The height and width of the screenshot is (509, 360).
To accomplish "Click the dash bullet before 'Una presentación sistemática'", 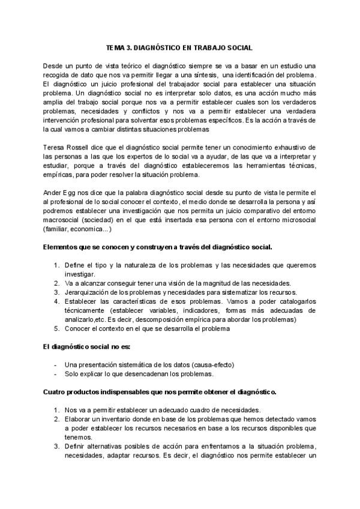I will pos(55,365).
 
